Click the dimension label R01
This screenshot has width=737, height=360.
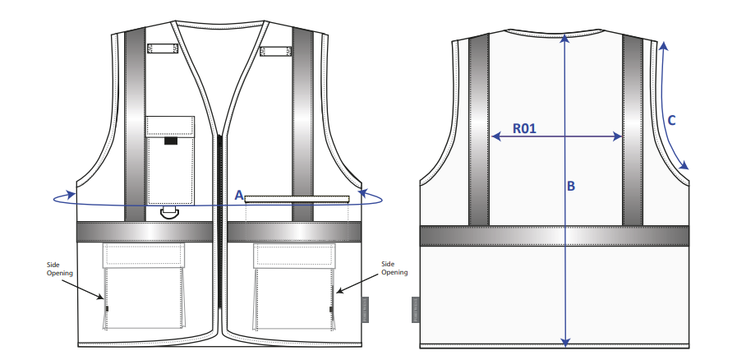pos(524,128)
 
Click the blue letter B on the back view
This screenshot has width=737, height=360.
pos(570,186)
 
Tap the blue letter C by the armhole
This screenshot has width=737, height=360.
pos(671,121)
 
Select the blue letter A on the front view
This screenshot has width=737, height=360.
pos(239,195)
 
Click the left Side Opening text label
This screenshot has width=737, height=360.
pos(60,268)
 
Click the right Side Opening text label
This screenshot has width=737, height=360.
pos(394,268)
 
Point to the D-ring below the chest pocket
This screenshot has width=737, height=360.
pos(169,212)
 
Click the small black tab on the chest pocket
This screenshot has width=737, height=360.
pos(171,141)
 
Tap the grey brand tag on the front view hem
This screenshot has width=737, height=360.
pos(365,310)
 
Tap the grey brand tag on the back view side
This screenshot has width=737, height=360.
pos(416,310)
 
